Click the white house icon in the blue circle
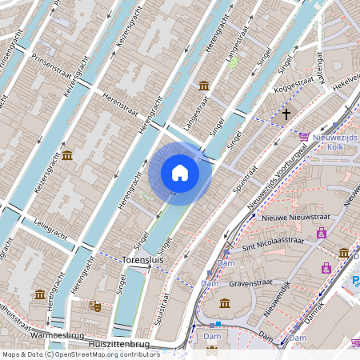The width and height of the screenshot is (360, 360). pos(180,173)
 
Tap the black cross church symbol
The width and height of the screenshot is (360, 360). pos(286,114)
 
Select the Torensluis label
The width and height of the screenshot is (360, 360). pos(143,260)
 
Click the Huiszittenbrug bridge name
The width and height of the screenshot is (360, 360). pos(119,343)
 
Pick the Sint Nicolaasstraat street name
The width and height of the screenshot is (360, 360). pos(274,240)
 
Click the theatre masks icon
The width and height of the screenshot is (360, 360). pos(94,305)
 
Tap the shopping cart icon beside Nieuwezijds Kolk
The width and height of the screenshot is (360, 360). pos(302,137)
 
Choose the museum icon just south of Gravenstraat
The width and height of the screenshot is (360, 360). pos(225,304)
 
